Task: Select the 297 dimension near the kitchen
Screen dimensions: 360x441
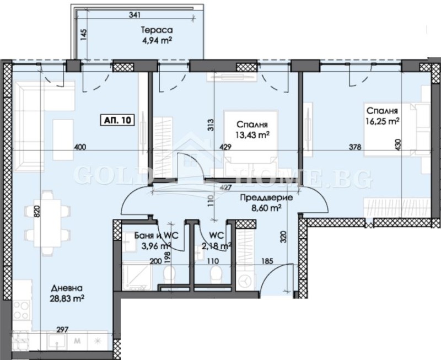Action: (63, 330)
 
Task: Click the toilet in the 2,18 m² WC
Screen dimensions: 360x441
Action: (218, 273)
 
